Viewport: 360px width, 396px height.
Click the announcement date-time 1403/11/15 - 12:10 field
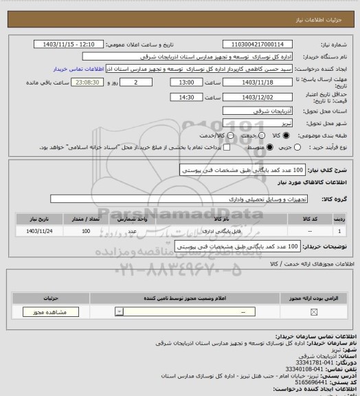pos(69,44)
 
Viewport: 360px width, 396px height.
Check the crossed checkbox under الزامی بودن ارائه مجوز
pos(315,313)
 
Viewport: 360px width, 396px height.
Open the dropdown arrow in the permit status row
pos(121,313)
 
